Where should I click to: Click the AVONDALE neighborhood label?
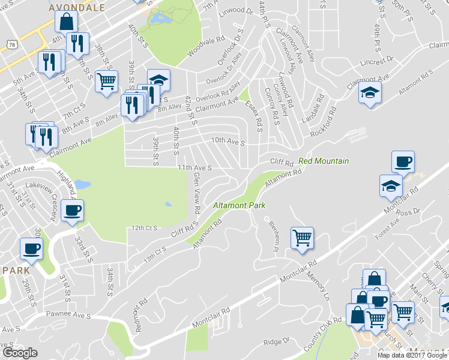click(77, 7)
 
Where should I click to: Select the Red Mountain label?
click(323, 161)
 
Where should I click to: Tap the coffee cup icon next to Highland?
click(73, 209)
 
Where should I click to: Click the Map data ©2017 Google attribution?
click(412, 355)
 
